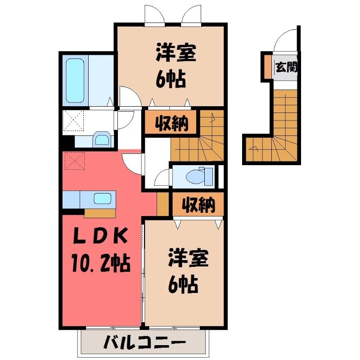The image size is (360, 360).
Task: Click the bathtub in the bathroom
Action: pos(75,81)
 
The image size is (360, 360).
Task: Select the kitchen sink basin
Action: pos(103,198)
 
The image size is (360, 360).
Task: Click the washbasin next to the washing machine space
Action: pos(102,139)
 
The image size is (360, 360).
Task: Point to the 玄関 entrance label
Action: pos(286,67)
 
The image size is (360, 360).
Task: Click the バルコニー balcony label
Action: pos(144,342)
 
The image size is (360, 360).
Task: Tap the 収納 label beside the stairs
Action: pos(171,123)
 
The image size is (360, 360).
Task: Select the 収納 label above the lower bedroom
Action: pos(198,204)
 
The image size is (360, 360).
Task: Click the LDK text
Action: pos(100,236)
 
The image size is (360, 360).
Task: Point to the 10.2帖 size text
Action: pos(101,263)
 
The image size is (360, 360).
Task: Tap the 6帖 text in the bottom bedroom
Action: pos(183,284)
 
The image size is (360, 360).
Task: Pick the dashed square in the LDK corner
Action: pos(75,161)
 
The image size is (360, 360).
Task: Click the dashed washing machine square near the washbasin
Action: pos(73,120)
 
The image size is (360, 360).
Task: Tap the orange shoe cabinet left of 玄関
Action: pos(267,67)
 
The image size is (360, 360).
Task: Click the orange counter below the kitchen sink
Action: pos(99,213)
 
